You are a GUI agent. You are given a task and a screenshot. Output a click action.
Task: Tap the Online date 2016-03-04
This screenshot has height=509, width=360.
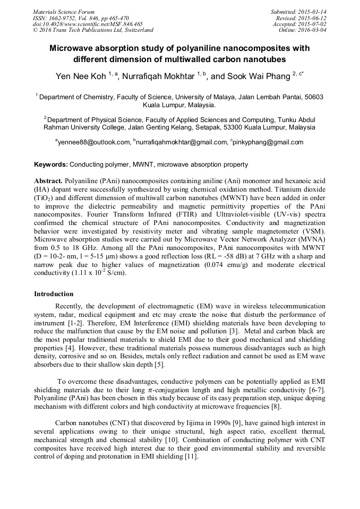coord(311,30)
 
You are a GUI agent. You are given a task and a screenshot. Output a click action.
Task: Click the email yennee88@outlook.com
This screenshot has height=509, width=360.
coord(93,142)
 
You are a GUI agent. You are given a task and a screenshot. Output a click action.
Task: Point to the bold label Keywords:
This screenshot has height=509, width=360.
coord(51,165)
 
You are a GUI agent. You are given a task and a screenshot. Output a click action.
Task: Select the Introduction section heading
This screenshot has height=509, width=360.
coord(54,294)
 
